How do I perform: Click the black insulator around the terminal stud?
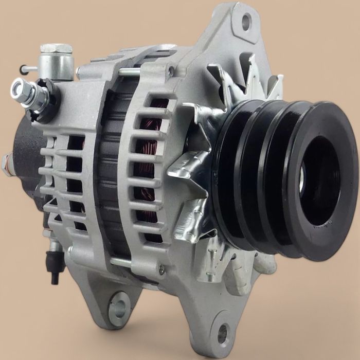(x=45, y=98)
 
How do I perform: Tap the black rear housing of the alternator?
(x=26, y=149)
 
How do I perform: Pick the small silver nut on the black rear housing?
(x=6, y=164)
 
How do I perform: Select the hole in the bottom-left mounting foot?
(x=119, y=305)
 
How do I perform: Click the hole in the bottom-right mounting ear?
(x=223, y=333)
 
